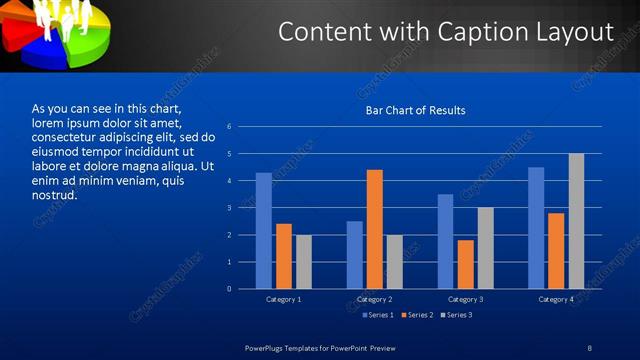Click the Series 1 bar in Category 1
click(263, 231)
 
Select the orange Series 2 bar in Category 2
click(374, 229)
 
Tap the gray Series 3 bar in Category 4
click(576, 221)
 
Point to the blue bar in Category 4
click(536, 228)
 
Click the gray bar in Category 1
click(303, 262)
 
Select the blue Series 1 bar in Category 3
click(445, 241)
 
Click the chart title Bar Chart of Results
click(415, 110)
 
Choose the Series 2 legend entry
click(416, 315)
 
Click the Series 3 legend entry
click(455, 315)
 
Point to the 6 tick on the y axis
click(230, 127)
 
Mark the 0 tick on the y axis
click(230, 289)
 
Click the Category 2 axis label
click(374, 299)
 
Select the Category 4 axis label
click(556, 299)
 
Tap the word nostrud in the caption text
click(56, 194)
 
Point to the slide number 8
click(589, 347)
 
